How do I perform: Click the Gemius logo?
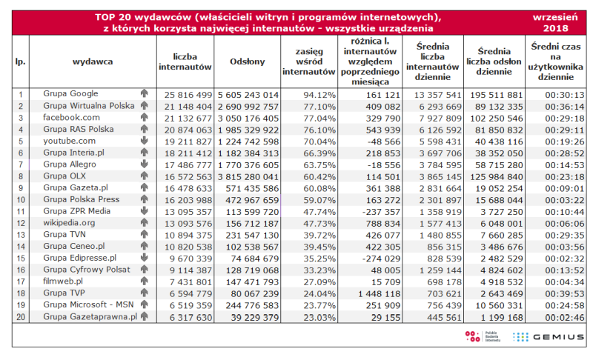[549, 336]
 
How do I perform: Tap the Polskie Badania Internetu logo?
[483, 336]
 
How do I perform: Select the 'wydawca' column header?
[93, 61]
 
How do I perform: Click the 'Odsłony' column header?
[248, 61]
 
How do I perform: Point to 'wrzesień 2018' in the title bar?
[555, 23]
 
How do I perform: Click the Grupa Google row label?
[70, 93]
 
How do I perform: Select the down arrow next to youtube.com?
[144, 141]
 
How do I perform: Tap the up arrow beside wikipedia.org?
[144, 222]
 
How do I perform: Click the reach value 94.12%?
[319, 95]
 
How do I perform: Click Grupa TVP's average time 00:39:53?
[564, 293]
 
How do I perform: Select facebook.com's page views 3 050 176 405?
[248, 119]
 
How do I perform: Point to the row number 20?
[21, 317]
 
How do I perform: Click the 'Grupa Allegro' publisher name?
[70, 164]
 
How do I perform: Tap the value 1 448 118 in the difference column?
[379, 293]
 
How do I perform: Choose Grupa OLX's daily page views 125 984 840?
[496, 177]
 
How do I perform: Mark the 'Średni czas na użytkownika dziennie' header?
[555, 61]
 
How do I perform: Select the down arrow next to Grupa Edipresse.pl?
[144, 258]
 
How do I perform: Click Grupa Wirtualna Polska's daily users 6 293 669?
[440, 107]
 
